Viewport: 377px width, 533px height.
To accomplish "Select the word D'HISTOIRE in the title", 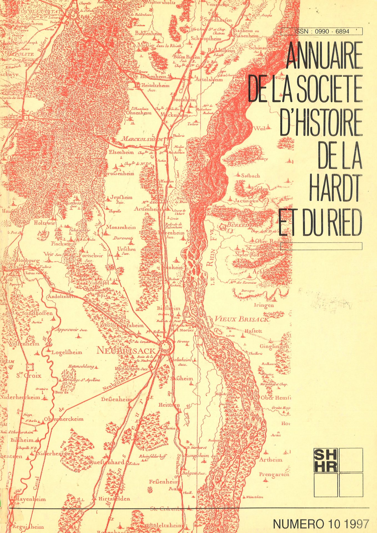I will coord(321,122).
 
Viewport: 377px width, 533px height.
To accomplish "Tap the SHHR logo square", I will coord(325,460).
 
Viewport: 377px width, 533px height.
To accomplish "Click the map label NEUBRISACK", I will coord(126,351).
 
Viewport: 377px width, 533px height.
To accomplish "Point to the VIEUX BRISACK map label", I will coord(242,319).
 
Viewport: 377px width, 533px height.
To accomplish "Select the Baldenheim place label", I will coord(148,33).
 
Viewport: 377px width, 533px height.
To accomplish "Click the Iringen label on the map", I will coord(264,305).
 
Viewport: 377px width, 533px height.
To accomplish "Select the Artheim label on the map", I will coord(271,460).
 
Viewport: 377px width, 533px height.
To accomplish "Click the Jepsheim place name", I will coord(121,198).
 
